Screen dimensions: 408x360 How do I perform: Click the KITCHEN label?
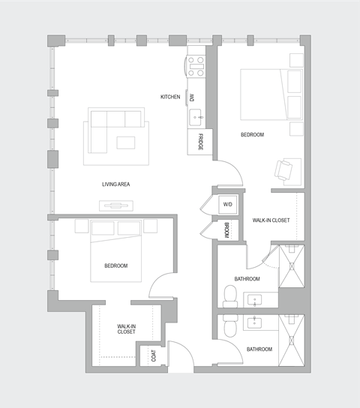(x=170, y=97)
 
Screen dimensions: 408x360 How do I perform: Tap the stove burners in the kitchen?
(x=196, y=67)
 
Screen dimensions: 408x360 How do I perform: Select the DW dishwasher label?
(x=192, y=97)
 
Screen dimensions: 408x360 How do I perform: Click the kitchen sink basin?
(x=196, y=116)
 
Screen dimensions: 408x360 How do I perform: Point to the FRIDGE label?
(x=200, y=142)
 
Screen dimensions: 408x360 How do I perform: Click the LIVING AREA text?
(x=117, y=184)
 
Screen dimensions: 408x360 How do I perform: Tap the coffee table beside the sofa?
(x=125, y=142)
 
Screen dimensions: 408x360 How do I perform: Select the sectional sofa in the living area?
(x=112, y=124)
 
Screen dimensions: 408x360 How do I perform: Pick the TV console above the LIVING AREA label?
(x=116, y=204)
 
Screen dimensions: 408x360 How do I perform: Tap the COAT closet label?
(x=154, y=356)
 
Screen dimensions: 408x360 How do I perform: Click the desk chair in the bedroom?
(x=285, y=170)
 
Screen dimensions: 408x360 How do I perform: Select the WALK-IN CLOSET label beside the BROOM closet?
(x=271, y=220)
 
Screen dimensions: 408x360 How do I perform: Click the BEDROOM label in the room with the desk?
(x=252, y=135)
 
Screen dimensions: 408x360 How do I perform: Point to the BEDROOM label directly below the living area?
(x=115, y=265)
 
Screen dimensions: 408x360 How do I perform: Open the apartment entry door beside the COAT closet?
(x=181, y=355)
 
